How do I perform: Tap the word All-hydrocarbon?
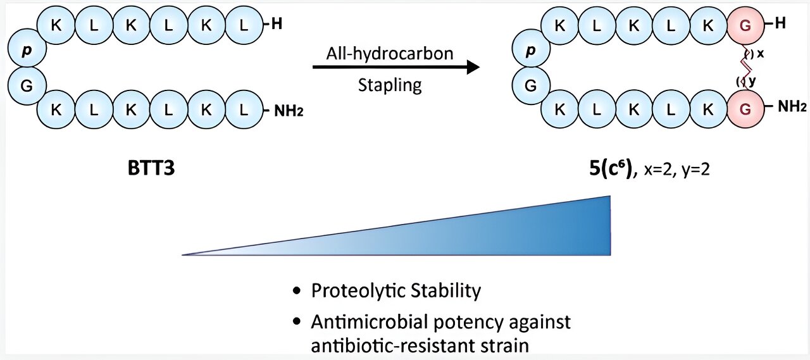(x=390, y=53)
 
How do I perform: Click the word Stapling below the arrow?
(x=390, y=85)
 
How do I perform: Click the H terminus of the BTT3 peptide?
(x=276, y=25)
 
